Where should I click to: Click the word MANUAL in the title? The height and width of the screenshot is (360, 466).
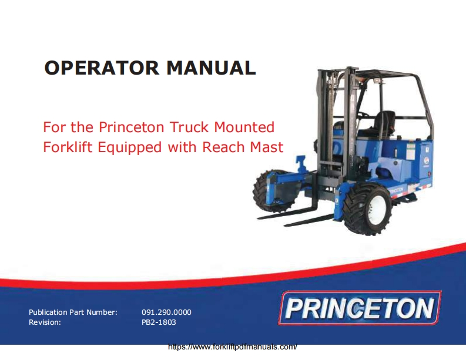tap(211, 68)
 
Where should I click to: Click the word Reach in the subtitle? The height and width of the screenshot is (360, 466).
tap(222, 147)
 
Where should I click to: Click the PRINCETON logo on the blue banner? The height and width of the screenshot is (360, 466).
tap(360, 309)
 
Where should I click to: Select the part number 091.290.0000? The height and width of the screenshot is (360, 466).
tap(166, 312)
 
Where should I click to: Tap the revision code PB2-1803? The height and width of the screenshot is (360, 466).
tap(159, 322)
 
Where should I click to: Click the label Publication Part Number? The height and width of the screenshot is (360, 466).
tap(73, 312)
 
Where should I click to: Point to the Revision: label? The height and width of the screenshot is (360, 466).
tap(45, 322)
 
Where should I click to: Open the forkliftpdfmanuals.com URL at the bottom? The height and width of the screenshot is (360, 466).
tap(233, 347)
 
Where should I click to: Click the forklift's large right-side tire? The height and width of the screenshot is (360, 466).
tap(368, 208)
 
